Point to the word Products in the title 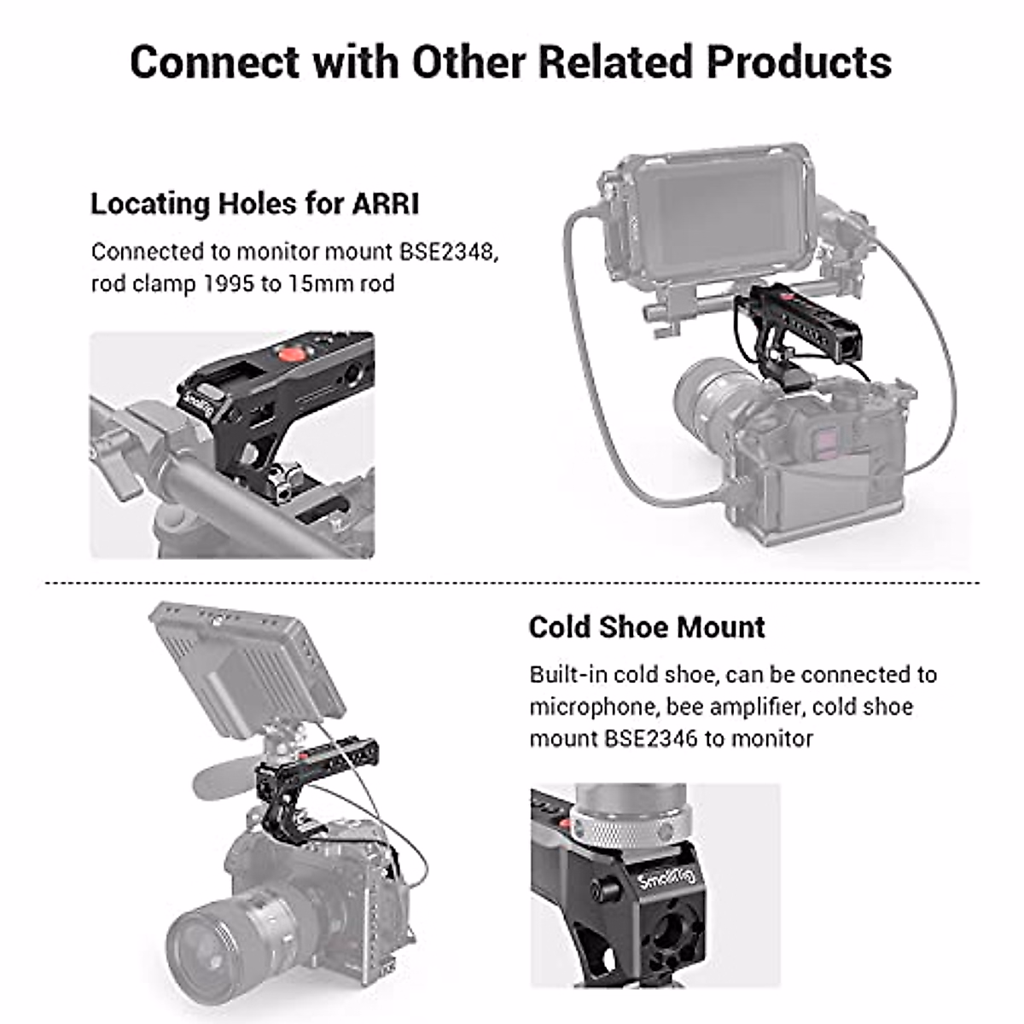click(x=799, y=61)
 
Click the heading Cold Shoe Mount click(x=646, y=627)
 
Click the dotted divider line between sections click(x=512, y=584)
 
